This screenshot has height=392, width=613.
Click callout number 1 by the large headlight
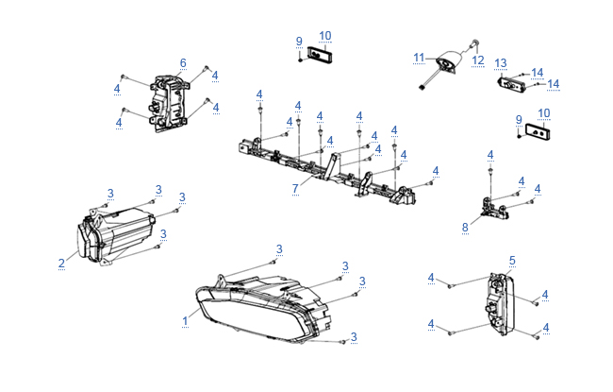[186, 321]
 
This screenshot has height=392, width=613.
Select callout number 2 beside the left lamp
[61, 263]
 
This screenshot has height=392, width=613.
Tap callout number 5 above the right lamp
[512, 260]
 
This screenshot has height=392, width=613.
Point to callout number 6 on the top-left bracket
[183, 63]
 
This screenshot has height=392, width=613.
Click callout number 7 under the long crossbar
[295, 189]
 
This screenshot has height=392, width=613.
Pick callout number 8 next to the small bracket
[465, 227]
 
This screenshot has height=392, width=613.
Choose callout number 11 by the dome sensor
[418, 58]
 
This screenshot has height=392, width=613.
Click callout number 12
[478, 60]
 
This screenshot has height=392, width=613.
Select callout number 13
[501, 63]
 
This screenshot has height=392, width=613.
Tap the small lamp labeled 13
[511, 84]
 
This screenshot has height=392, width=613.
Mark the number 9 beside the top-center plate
[299, 42]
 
